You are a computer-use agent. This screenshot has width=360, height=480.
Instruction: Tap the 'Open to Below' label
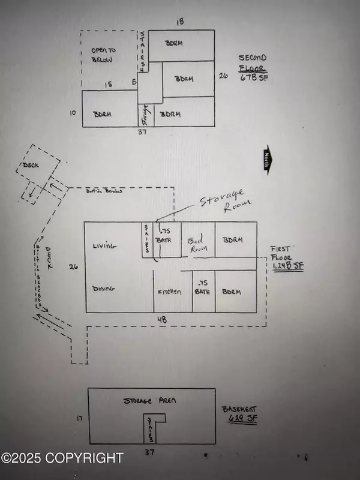(103, 55)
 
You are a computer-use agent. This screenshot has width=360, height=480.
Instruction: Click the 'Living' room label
(104, 245)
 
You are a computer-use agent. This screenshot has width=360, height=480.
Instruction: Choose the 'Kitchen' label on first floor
(170, 292)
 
